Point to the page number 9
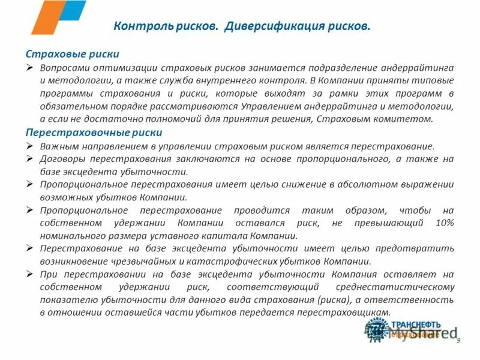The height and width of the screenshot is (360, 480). (459, 341)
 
